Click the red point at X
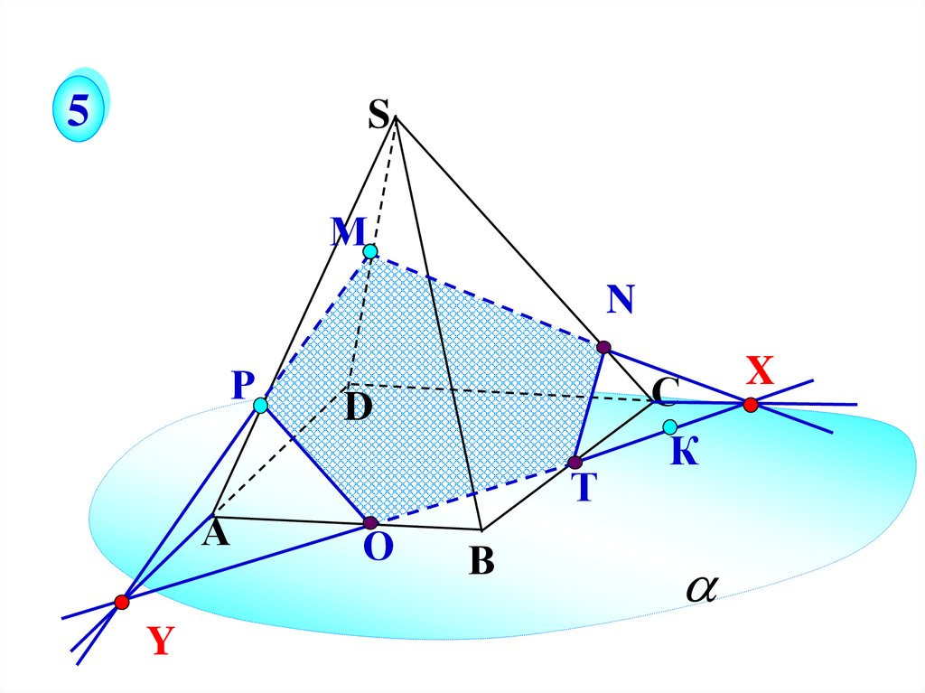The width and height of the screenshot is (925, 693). pos(751,405)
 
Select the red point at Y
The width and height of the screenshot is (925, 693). pos(122,601)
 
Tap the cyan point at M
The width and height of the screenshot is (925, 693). pos(370,251)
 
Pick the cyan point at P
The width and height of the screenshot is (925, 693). pos(261,406)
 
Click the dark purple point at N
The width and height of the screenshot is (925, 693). pos(603,346)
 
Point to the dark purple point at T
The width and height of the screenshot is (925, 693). pos(575,463)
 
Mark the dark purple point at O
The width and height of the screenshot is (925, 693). pos(369,522)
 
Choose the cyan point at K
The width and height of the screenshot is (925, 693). pos(669,426)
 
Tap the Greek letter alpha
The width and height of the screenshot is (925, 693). pos(700,588)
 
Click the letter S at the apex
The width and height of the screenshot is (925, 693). pos(378,115)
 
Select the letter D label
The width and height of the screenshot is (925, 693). pos(358,408)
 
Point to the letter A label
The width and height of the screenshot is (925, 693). pos(216,534)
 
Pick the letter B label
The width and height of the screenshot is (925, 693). pos(481,562)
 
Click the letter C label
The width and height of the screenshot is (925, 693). pos(666,391)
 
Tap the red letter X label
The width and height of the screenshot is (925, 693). pos(760,370)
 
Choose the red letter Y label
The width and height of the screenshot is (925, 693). pos(160,641)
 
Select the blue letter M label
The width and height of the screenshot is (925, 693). pos(346,233)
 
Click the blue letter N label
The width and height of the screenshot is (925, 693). pos(621,300)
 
